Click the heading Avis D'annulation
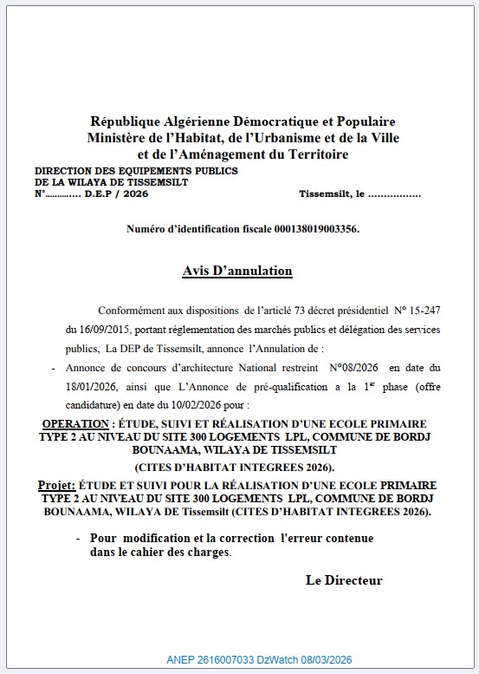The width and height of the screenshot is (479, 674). click(x=237, y=271)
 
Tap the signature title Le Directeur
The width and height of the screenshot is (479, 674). click(x=344, y=580)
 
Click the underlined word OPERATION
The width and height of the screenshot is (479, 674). click(x=74, y=422)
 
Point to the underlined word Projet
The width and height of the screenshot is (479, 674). click(x=55, y=484)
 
